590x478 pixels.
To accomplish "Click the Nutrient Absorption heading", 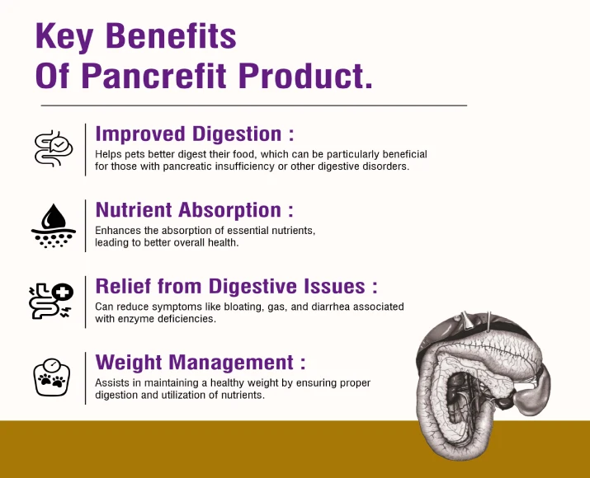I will [194, 210].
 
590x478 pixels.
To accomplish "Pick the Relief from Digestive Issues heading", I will [236, 286].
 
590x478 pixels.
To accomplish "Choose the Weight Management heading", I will [201, 363].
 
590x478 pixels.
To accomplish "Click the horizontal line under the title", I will [253, 105].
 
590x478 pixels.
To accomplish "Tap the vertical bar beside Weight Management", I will [86, 378].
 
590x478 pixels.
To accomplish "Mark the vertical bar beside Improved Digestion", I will [86, 149].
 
